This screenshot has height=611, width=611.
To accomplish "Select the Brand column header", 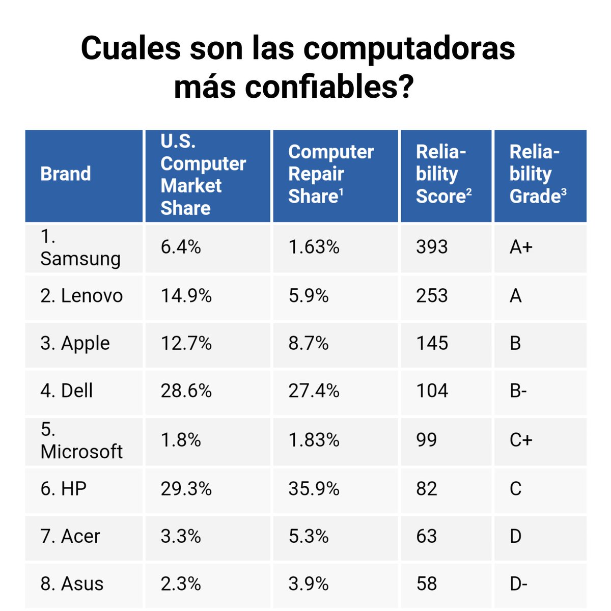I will [x=66, y=174].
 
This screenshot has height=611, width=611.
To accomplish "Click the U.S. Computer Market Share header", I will [x=203, y=175].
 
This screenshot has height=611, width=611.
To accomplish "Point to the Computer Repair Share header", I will [x=331, y=174].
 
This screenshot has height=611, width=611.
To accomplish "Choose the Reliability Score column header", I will [x=443, y=174].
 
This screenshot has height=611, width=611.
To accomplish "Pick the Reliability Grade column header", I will [x=538, y=174].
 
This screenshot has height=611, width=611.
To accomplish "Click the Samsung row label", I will [x=80, y=248].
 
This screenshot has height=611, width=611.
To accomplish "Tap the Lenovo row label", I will [x=81, y=296].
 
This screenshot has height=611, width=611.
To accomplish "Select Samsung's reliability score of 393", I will [x=432, y=247].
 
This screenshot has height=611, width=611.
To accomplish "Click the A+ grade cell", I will [x=521, y=247].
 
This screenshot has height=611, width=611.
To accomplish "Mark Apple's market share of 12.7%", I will [x=186, y=343].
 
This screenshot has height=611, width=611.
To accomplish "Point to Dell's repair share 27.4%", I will [x=314, y=391].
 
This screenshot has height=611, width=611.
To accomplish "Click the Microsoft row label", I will [x=81, y=441].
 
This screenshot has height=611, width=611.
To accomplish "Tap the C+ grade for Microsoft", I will [x=521, y=440].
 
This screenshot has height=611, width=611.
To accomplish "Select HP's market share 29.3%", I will [x=186, y=489].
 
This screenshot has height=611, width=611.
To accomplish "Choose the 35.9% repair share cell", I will [x=314, y=489].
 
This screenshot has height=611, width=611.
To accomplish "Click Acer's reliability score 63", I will [x=426, y=536].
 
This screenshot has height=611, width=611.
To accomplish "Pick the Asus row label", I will [x=72, y=584].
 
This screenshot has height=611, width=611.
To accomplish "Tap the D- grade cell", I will [x=518, y=584].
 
